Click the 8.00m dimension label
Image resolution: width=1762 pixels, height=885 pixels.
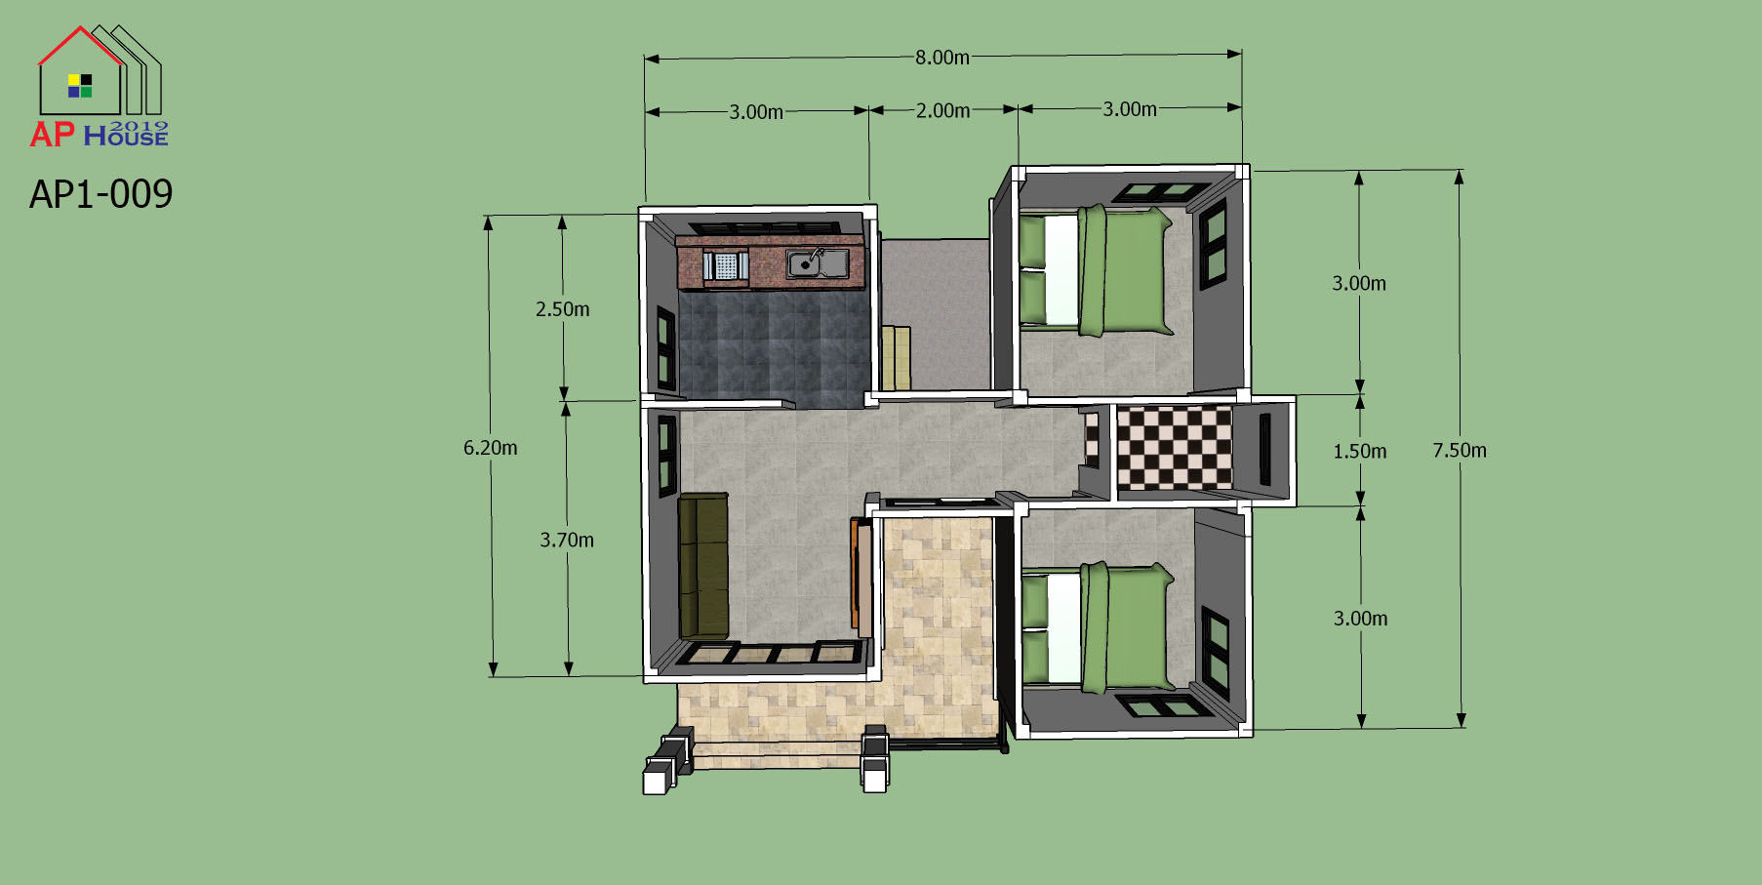coord(942,58)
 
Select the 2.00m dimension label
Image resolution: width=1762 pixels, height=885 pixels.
coord(942,111)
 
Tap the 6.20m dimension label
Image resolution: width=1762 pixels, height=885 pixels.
coord(490,448)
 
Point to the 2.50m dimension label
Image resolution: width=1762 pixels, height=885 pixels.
coord(562,309)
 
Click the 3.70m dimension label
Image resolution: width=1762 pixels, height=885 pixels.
coord(567,540)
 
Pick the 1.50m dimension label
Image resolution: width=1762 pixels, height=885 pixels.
coord(1360,451)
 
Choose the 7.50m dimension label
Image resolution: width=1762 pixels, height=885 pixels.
coord(1460,450)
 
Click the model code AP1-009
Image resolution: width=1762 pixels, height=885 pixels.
coord(100,194)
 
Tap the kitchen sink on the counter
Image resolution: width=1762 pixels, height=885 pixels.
coord(818,263)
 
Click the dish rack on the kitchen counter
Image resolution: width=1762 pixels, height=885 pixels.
coord(726,265)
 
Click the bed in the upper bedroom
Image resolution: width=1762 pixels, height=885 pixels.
coord(1096,271)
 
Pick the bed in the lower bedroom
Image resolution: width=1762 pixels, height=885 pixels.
coord(1096,627)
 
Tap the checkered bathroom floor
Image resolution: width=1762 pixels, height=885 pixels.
coord(1175,448)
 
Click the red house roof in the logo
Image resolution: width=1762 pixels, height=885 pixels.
coord(80,45)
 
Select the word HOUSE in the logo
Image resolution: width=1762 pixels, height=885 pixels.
coord(126,138)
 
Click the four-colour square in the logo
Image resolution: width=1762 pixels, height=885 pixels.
coord(80,86)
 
